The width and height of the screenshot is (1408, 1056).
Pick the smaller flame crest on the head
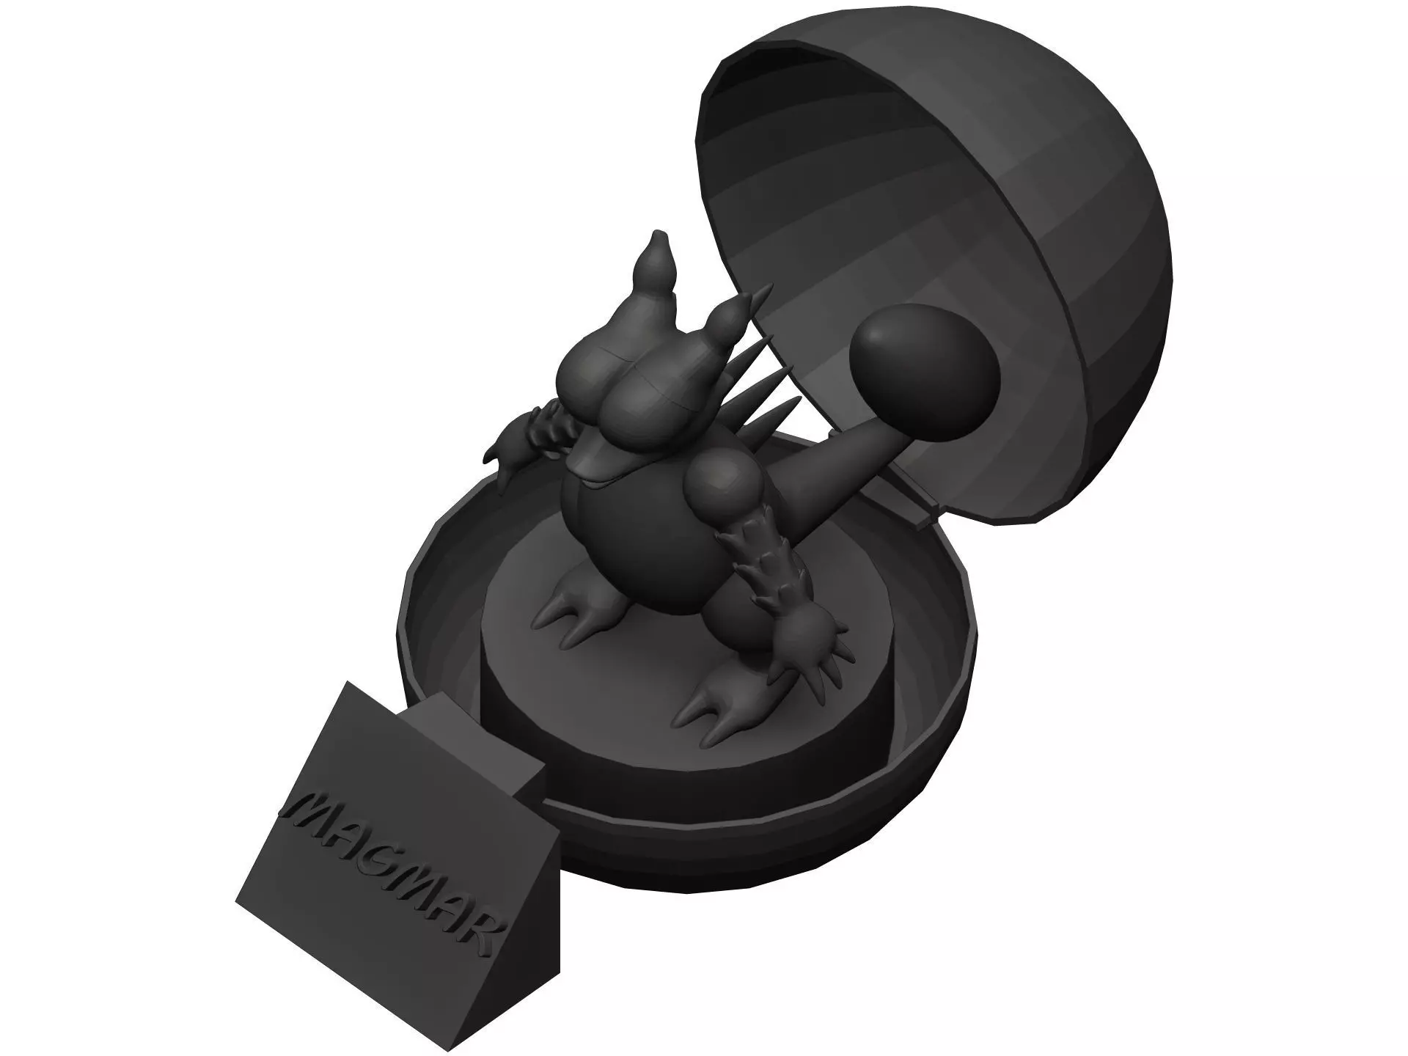coord(733,317)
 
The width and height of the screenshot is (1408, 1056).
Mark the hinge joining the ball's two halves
coord(920,499)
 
